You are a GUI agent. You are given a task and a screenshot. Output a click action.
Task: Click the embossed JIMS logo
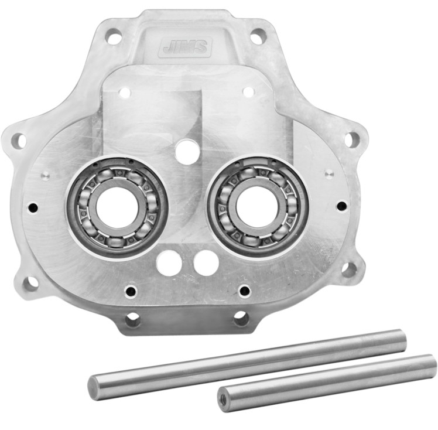tap(185, 46)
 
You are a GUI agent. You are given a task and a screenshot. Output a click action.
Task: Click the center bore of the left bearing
tap(117, 207)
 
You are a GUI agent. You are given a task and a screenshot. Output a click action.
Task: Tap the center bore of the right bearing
tap(258, 206)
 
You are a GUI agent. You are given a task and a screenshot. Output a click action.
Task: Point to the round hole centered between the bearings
tap(187, 151)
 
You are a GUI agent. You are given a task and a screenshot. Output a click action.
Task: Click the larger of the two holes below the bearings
tap(169, 263)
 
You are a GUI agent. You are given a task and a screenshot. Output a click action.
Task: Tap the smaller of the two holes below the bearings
tap(206, 263)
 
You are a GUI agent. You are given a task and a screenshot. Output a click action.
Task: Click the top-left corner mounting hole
tap(114, 36)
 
